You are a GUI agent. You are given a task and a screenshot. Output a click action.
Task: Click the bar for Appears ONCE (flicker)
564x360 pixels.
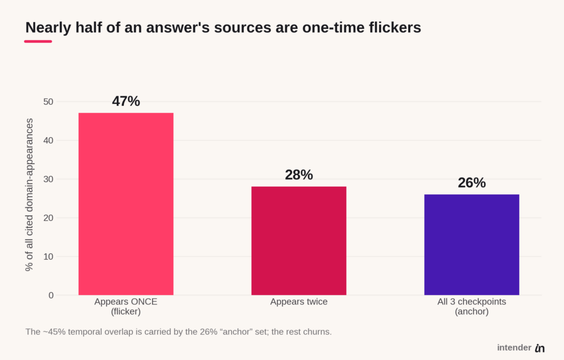[126, 204]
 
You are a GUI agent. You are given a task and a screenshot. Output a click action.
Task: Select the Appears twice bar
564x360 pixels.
[299, 241]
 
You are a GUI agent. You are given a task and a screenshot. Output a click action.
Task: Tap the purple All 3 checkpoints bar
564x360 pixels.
[471, 244]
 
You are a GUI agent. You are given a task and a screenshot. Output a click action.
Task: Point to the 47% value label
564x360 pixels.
[126, 101]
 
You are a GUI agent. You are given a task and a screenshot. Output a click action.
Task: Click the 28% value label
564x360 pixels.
[299, 175]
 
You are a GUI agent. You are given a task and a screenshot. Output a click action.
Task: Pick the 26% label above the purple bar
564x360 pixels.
[471, 183]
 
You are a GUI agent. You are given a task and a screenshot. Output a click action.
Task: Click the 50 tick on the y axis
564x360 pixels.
[48, 102]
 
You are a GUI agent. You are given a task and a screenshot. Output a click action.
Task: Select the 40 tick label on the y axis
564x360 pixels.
[48, 140]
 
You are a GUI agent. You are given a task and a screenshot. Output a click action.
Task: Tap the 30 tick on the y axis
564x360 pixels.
[48, 179]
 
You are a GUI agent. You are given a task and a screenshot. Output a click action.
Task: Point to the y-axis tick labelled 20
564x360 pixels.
[48, 218]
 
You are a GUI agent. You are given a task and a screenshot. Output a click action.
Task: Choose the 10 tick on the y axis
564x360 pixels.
[48, 257]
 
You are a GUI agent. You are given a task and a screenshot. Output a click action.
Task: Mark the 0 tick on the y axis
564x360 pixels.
[51, 295]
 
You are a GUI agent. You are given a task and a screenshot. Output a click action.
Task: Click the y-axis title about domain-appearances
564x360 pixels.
[29, 194]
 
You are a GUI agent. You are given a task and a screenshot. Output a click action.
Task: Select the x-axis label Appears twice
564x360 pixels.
[299, 302]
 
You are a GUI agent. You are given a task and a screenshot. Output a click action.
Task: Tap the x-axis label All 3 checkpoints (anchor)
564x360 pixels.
[471, 307]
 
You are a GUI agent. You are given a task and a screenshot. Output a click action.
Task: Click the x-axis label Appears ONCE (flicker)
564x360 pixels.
[126, 307]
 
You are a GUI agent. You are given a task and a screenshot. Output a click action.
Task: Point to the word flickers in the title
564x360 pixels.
[395, 28]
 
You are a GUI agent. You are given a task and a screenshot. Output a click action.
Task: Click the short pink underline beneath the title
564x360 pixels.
[38, 41]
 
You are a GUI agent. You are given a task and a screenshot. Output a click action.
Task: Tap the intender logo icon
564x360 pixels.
[540, 348]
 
